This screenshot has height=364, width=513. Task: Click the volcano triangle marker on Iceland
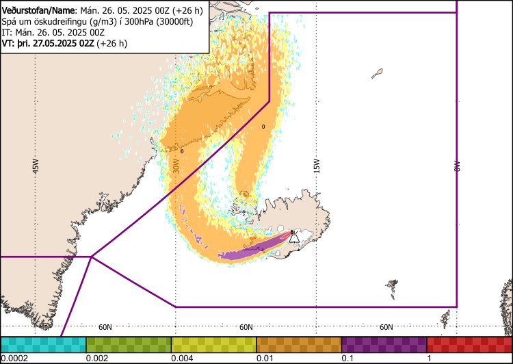[x=294, y=237]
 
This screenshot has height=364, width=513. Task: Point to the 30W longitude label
[x=176, y=166]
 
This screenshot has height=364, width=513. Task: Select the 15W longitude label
[x=317, y=166]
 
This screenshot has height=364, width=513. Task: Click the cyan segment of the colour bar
[x=43, y=344]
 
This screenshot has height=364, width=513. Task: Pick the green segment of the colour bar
[x=129, y=344]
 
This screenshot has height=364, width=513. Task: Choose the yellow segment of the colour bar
[x=213, y=344]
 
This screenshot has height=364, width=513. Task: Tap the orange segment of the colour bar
[x=299, y=344]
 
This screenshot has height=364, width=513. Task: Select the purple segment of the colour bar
[x=384, y=344]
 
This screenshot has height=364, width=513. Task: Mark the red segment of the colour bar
[x=469, y=344]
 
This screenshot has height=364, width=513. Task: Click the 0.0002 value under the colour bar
[x=14, y=359]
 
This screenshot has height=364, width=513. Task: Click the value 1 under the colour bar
[x=429, y=359]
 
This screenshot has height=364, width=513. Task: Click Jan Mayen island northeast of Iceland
[x=377, y=73]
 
